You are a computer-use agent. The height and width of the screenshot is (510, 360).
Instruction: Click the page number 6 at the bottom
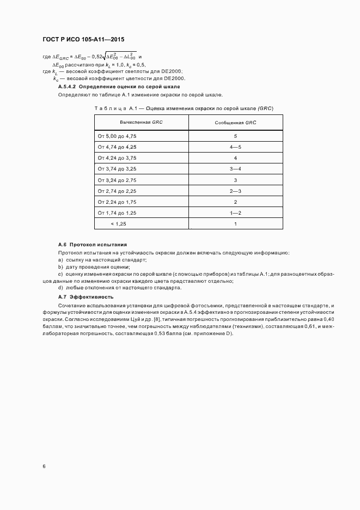click(44, 466)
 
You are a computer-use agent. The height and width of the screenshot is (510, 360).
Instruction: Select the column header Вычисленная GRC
click(141, 123)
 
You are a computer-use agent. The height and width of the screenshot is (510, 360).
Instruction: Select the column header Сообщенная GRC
click(235, 123)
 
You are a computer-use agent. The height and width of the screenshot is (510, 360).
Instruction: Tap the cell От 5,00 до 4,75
click(117, 136)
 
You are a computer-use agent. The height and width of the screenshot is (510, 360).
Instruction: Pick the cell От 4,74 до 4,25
click(117, 147)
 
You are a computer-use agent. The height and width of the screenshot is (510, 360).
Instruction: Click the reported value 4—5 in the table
click(235, 147)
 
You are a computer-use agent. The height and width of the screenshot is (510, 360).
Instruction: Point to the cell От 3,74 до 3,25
click(117, 169)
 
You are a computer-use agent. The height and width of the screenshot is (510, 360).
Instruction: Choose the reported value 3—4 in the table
click(235, 169)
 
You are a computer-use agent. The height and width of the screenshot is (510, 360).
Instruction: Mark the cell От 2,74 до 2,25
click(117, 191)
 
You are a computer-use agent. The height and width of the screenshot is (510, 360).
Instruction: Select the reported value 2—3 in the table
click(235, 191)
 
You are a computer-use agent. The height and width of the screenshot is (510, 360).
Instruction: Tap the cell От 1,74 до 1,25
click(117, 212)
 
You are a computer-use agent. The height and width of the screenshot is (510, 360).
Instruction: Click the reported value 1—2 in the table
click(235, 212)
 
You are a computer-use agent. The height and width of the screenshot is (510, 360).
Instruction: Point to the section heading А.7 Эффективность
click(86, 296)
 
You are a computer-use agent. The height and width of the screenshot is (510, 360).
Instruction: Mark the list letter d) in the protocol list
click(60, 287)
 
